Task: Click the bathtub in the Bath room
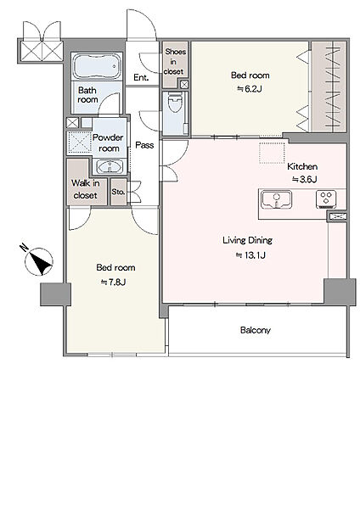click(x=97, y=66)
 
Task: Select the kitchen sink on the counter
click(x=277, y=199)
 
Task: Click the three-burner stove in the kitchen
click(x=326, y=199)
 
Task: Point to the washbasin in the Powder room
click(x=110, y=167)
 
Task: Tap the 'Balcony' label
click(x=256, y=330)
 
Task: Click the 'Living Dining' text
click(x=248, y=240)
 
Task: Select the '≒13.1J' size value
click(x=250, y=255)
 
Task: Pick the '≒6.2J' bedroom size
click(x=250, y=88)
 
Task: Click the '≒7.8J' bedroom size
click(x=113, y=282)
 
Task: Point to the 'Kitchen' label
click(x=302, y=166)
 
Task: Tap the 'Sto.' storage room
click(x=118, y=192)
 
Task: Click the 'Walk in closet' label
click(x=86, y=189)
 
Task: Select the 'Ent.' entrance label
click(x=141, y=77)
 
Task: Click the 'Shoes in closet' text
click(x=175, y=61)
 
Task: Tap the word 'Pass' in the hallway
click(x=144, y=145)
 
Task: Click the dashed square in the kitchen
click(x=272, y=152)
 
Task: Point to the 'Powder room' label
click(x=108, y=143)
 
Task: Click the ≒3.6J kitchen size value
click(x=305, y=179)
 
